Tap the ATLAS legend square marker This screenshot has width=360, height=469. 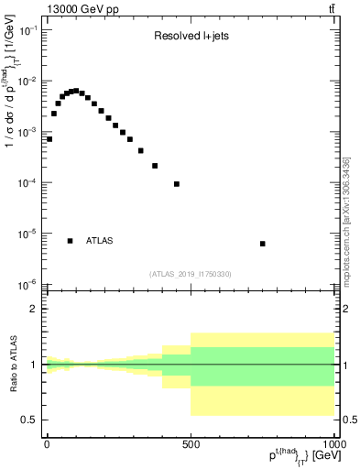(71, 241)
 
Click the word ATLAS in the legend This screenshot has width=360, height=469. (100, 241)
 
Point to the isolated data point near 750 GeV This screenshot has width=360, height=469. (263, 244)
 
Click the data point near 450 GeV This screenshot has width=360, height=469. (176, 184)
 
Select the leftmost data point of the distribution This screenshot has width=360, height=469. (49, 139)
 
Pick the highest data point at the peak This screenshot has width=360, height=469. (76, 91)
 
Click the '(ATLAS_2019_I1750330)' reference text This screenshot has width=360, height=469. (191, 274)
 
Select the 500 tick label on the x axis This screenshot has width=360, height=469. (191, 443)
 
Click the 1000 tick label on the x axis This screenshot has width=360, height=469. (333, 443)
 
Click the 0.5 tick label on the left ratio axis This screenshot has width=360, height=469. (32, 420)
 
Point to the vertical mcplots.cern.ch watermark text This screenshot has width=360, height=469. (347, 229)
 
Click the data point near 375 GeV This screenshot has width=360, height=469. (155, 166)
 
